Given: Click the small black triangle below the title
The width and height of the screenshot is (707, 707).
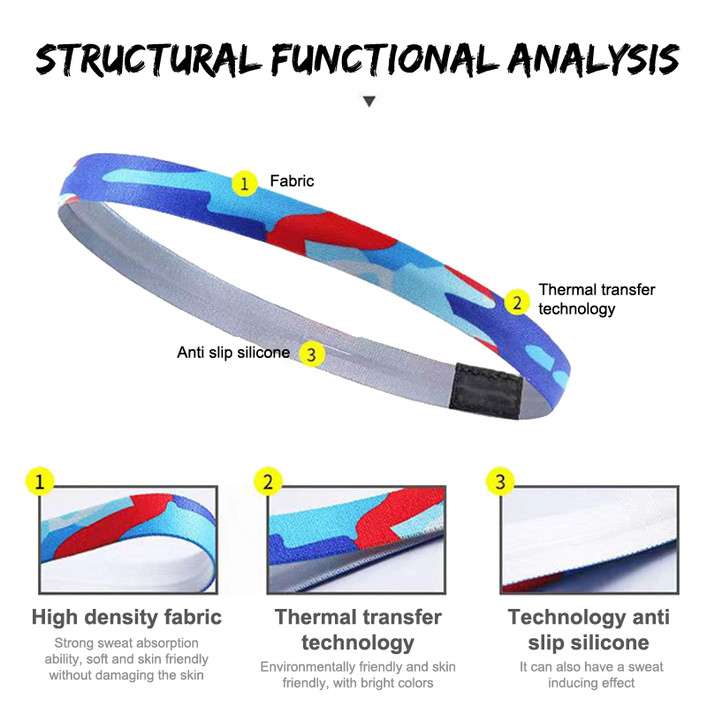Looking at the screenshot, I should (x=369, y=102).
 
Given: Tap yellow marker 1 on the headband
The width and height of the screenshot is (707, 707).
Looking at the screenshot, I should (x=245, y=183).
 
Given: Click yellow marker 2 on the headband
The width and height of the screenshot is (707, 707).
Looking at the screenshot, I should (x=516, y=301).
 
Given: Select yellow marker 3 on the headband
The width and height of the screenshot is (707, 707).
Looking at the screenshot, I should (x=311, y=353).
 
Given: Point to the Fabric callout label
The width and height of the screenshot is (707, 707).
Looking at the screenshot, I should (x=292, y=181).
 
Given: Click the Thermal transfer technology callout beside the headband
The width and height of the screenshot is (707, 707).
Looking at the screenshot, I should (x=597, y=300).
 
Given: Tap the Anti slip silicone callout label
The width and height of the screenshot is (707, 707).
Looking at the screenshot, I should (x=233, y=353).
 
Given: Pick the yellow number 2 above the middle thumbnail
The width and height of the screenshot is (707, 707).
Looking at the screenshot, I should (x=269, y=482).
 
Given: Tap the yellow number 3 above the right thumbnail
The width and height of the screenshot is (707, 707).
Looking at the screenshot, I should (x=501, y=482).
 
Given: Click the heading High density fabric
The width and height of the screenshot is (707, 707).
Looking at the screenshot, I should (x=126, y=617).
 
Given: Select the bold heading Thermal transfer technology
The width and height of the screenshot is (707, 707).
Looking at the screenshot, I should (x=358, y=629).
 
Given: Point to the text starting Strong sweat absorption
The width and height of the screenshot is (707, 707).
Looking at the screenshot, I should (x=126, y=659).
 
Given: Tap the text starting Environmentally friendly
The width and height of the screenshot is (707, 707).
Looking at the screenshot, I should (x=358, y=674).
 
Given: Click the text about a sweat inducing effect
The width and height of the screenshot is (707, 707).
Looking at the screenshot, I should (x=591, y=674).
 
